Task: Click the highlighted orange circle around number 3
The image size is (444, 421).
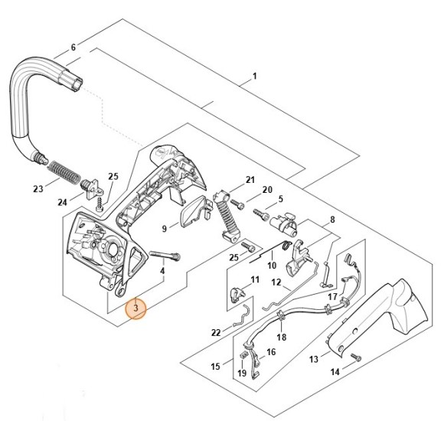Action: [x=135, y=308]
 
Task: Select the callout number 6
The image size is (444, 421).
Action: [x=73, y=47]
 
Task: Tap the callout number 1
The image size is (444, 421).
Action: [x=255, y=77]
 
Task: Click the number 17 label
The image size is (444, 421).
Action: [x=332, y=295]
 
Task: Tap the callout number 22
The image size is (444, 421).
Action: [x=217, y=332]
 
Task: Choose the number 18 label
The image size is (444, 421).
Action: [x=281, y=337]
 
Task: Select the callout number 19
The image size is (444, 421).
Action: [x=242, y=374]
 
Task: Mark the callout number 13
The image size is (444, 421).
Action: [x=314, y=359]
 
